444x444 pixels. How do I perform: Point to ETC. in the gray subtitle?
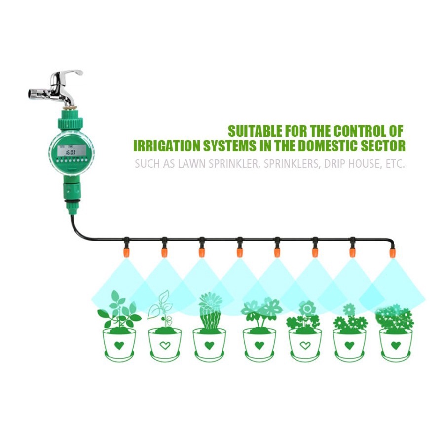(x=394, y=164)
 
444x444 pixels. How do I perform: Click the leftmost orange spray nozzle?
(x=126, y=252)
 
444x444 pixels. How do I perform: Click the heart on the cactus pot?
(x=209, y=345)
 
